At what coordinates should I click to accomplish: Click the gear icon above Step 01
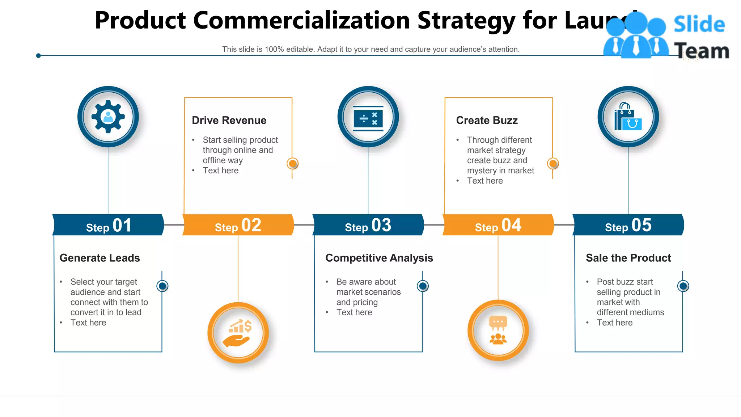coord(108,117)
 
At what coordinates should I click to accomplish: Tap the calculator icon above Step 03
coord(368,118)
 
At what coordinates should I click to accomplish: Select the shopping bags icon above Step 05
coord(628,117)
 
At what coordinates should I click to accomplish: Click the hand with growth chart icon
coord(238,333)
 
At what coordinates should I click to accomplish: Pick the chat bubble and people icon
coord(498,330)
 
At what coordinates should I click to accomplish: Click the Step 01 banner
coord(108,225)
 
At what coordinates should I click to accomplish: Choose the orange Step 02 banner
coord(238,225)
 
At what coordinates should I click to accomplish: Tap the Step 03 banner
coord(368,225)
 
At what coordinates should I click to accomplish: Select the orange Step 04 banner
coord(498,225)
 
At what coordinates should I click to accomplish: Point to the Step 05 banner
coord(628,225)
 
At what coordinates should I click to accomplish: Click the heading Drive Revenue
coord(229,120)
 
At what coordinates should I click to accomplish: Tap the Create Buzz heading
coord(487,120)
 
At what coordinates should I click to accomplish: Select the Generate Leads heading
coord(99,258)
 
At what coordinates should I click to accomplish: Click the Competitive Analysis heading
coord(379,258)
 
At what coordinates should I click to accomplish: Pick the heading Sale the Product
coord(628,258)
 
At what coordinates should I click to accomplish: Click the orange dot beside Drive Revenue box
coord(292,164)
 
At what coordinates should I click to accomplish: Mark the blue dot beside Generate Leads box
coord(162,286)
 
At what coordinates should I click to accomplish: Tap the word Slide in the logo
coord(699,24)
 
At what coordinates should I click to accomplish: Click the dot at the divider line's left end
coord(38,55)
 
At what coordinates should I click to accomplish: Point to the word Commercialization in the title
coord(302,20)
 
